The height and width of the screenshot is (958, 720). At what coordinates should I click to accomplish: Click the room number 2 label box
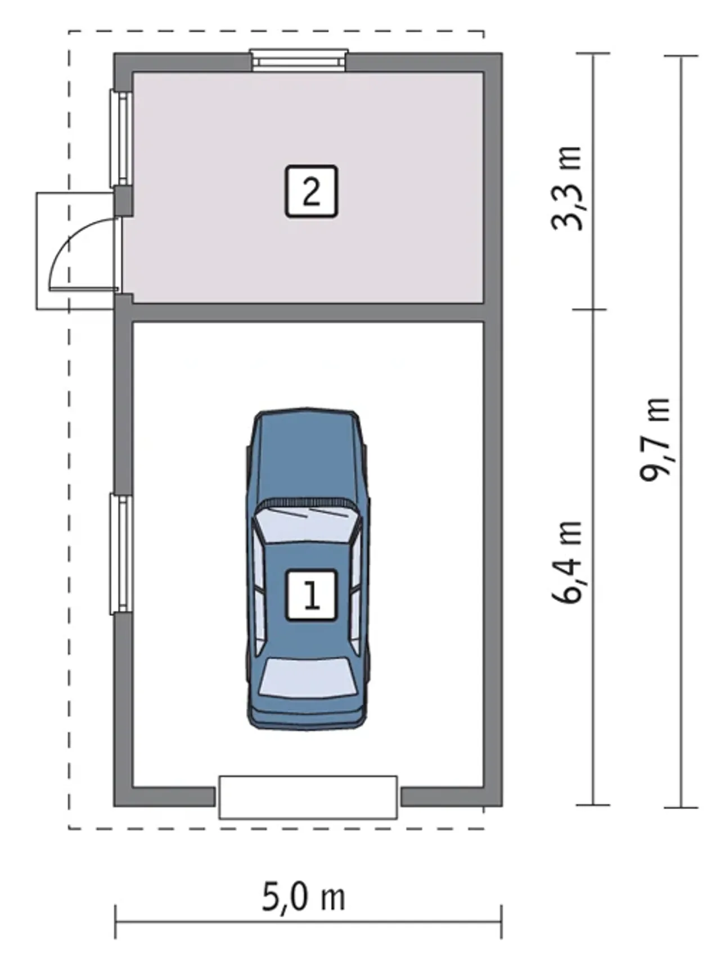[x=311, y=191]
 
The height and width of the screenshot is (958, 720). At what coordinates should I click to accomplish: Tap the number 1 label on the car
[x=311, y=596]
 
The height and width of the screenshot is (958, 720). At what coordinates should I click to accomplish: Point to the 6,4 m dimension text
[x=567, y=562]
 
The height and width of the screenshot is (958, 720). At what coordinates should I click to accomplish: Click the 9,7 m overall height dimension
[x=655, y=439]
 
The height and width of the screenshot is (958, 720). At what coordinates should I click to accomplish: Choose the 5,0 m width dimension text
[x=304, y=897]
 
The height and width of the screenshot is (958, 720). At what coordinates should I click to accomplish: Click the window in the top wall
[x=299, y=60]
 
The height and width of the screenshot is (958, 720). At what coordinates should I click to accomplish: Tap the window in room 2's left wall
[x=120, y=138]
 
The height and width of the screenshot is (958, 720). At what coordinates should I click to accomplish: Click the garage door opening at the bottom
[x=308, y=797]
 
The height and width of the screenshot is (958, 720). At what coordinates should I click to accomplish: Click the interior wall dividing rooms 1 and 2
[x=308, y=312]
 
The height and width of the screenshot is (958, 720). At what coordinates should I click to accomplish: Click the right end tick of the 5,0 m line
[x=501, y=921]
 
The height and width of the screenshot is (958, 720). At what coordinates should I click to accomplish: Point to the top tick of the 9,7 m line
[x=681, y=56]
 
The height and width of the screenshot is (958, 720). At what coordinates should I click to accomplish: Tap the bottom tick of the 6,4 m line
[x=593, y=805]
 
